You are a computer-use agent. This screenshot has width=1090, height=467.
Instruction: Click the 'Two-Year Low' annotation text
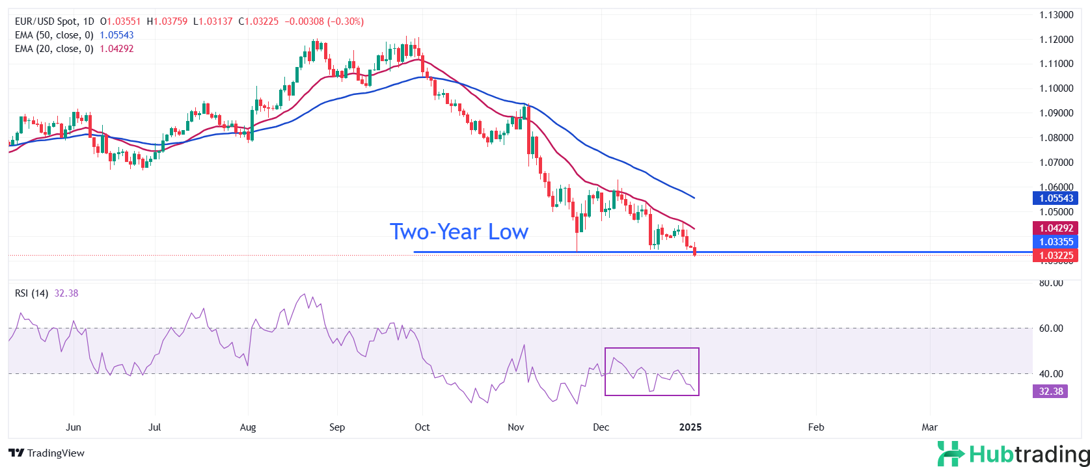[x=459, y=232]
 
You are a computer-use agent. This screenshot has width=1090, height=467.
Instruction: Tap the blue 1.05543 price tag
[x=1056, y=198]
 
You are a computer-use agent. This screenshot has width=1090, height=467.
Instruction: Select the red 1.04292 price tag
[x=1056, y=228]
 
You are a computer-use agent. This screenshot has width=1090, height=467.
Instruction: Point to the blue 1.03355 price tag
[x=1056, y=242]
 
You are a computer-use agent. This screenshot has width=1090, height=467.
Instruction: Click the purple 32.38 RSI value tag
[x=1050, y=392]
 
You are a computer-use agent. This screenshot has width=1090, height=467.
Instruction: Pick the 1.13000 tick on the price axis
[x=1056, y=15]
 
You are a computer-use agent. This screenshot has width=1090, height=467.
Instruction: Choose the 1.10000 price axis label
[x=1056, y=88]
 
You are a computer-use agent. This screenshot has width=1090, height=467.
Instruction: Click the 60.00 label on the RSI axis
[x=1051, y=328]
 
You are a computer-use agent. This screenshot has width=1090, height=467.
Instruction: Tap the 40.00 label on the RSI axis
[x=1051, y=374]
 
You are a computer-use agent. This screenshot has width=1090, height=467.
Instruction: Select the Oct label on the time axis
[x=422, y=427]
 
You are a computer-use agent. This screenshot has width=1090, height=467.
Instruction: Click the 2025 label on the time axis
[x=690, y=427]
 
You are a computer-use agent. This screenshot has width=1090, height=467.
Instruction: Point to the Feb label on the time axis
[x=816, y=427]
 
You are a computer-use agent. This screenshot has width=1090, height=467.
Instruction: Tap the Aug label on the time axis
[x=248, y=427]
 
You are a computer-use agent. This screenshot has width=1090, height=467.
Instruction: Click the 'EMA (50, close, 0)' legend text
[x=54, y=35]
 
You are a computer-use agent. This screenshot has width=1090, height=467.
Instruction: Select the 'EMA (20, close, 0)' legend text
[x=54, y=49]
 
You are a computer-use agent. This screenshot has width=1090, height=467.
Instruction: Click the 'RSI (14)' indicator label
[x=31, y=293]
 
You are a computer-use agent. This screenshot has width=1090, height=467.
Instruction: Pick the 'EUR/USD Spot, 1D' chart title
[x=55, y=21]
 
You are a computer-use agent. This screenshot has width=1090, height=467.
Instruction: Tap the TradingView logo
[x=47, y=453]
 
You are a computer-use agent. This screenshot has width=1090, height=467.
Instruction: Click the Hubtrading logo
[x=1013, y=454]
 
